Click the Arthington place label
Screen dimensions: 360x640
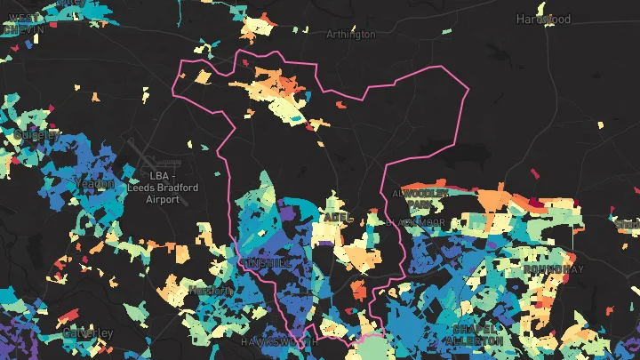click(x=351, y=35)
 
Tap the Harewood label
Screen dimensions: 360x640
click(x=543, y=19)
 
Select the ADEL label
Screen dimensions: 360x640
click(x=333, y=216)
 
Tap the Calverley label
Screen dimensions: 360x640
click(x=89, y=332)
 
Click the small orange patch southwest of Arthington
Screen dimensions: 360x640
click(x=203, y=77)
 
